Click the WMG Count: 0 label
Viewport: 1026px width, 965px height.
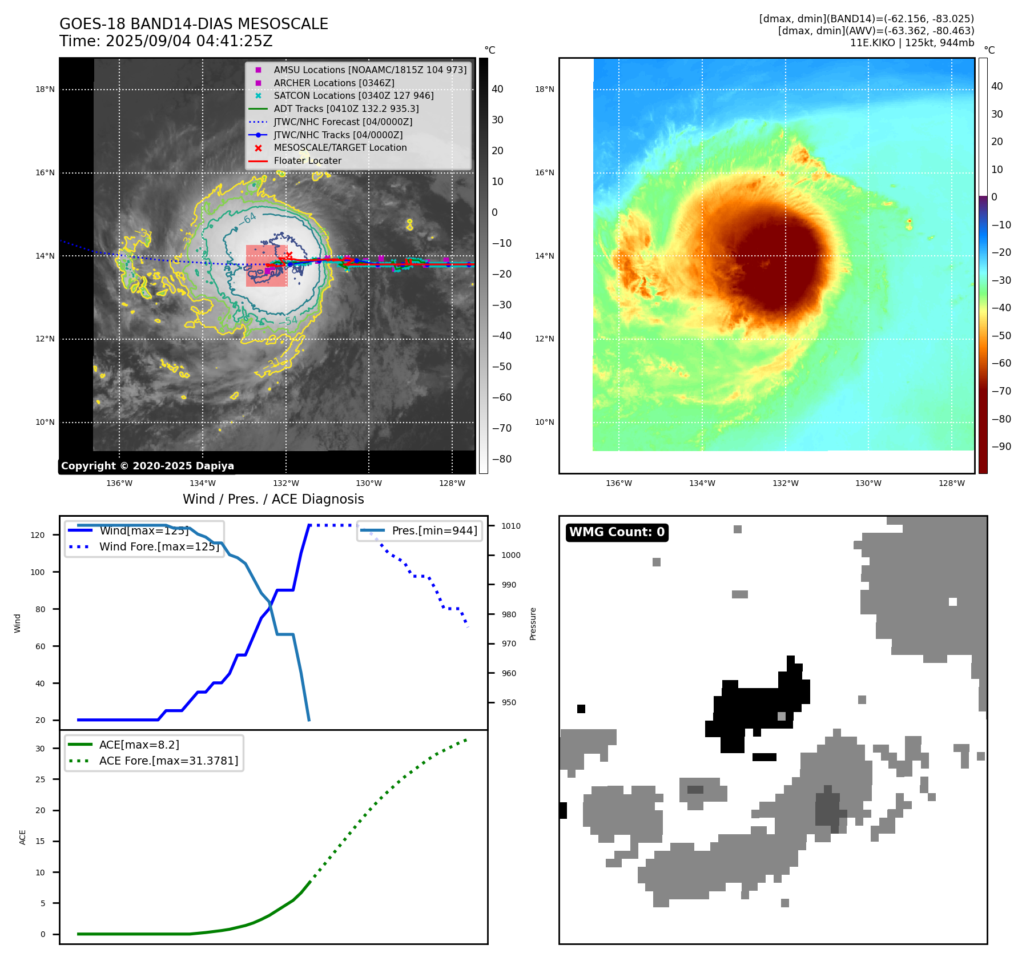point(617,532)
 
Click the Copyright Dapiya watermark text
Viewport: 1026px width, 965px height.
point(147,466)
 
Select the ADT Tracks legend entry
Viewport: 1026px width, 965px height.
point(346,108)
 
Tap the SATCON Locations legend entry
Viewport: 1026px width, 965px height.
point(353,95)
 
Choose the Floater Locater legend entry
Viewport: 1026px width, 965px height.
point(307,161)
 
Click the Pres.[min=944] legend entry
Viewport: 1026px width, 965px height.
point(434,530)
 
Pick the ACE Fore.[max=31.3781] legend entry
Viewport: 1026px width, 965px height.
point(168,761)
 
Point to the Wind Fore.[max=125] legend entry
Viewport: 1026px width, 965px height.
point(159,546)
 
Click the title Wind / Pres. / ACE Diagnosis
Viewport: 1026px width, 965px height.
point(273,499)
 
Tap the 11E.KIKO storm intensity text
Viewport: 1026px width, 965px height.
point(912,43)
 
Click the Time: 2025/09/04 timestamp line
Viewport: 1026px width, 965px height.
point(166,41)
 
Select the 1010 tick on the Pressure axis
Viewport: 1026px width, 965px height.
point(511,526)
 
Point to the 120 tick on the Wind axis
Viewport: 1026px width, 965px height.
point(38,535)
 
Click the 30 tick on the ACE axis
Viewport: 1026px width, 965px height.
point(40,749)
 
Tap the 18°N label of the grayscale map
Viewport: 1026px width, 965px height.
point(45,89)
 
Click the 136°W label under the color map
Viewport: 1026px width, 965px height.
point(618,483)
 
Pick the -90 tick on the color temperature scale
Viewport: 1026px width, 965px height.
point(1001,447)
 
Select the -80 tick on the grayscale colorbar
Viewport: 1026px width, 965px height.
point(502,459)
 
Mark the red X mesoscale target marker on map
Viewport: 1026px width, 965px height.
point(289,255)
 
